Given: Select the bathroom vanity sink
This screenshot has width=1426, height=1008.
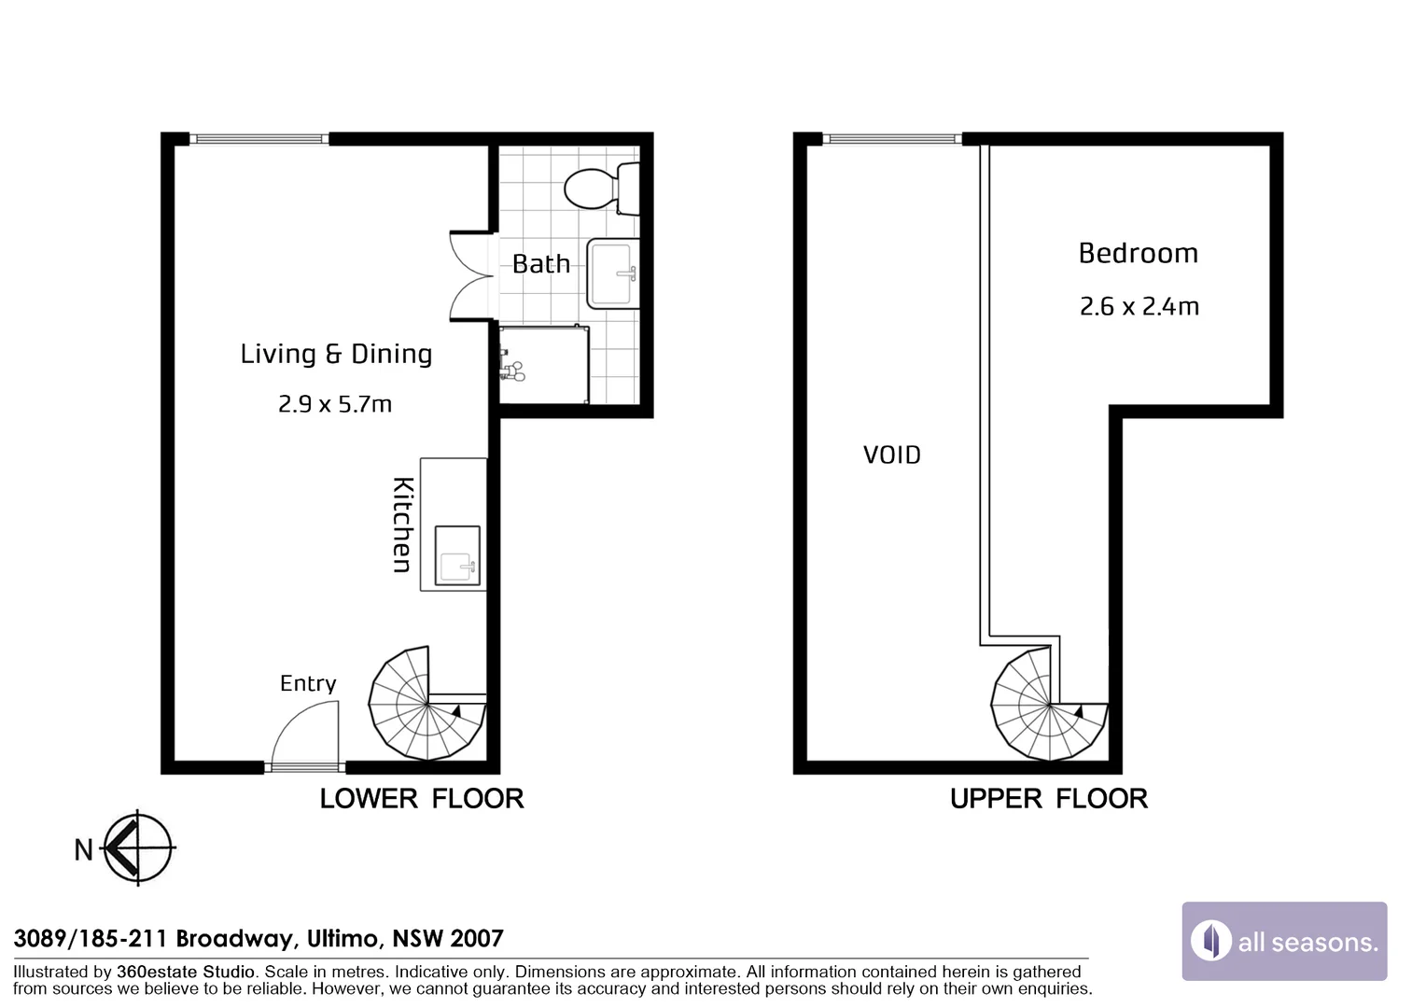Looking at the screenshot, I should (x=612, y=273).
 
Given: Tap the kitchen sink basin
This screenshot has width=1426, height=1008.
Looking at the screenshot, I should (x=457, y=555).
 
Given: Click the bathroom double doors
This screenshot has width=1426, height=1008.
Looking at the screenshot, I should (x=471, y=276).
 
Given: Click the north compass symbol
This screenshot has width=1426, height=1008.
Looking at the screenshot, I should (x=137, y=847).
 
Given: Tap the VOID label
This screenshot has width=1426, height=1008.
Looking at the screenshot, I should (x=891, y=455).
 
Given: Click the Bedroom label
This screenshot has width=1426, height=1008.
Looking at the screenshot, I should (x=1138, y=254).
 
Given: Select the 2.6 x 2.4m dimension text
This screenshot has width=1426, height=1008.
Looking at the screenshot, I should (x=1139, y=307).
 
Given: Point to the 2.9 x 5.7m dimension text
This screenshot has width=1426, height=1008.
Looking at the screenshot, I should (x=335, y=404).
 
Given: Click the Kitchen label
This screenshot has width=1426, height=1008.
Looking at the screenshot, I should (x=402, y=525).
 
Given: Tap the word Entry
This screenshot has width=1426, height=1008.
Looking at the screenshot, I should (x=308, y=683).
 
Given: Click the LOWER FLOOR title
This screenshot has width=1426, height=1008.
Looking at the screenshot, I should (x=422, y=799).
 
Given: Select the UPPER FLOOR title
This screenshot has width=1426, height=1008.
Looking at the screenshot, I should (x=1048, y=799).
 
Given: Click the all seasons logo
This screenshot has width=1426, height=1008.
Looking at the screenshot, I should (x=1284, y=941).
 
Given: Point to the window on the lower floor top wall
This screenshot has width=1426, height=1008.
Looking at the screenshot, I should (x=260, y=139).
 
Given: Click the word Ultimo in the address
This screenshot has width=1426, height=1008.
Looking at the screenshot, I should (x=343, y=938).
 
